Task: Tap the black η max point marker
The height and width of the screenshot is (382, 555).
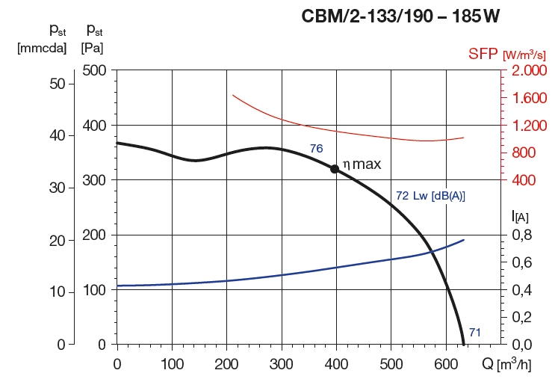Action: pos(335,169)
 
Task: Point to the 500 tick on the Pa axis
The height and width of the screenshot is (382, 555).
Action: pos(96,70)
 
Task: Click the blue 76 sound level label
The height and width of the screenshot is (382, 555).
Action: pos(316,149)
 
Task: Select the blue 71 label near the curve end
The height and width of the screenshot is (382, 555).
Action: pos(474,332)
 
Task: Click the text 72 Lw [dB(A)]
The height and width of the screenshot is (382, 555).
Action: pos(430,197)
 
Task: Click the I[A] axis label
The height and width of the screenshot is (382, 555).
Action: pos(520,217)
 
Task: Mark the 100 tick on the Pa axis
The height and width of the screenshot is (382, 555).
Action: pos(96,289)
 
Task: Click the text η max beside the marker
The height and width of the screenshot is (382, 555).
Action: pos(362,164)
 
